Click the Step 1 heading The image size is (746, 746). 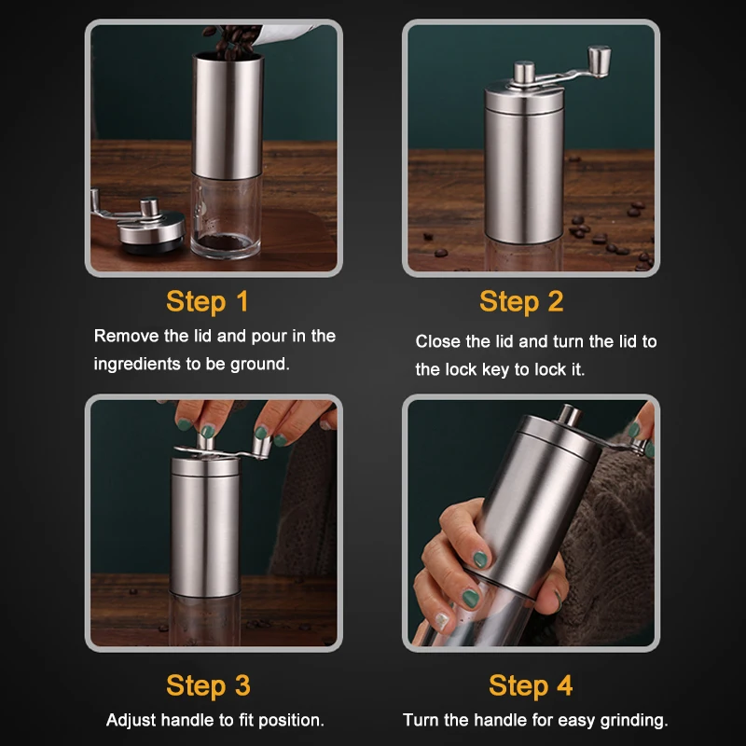(207, 301)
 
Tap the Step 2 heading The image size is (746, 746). (521, 301)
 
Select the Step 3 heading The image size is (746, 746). (208, 685)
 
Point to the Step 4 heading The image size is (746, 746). (531, 685)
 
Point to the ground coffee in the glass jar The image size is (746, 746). (225, 242)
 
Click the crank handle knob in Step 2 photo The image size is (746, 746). (600, 61)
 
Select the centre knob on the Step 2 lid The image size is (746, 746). (524, 73)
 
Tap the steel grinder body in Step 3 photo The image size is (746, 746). (205, 528)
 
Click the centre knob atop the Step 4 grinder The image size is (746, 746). (569, 416)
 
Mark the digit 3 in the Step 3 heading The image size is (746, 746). (242, 685)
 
